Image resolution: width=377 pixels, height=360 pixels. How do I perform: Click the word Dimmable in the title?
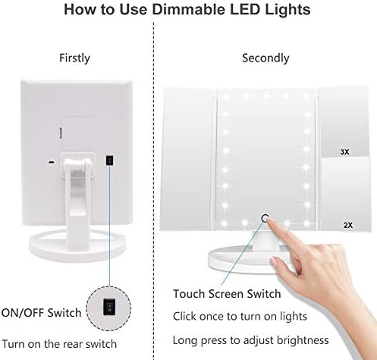pos(189,9)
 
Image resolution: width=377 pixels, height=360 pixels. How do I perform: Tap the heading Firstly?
pos(74,58)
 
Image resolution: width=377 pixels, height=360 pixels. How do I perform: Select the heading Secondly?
pos(265,58)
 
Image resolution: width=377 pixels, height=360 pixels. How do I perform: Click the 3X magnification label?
pos(344,152)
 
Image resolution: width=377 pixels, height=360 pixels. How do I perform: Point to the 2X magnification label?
pos(348,225)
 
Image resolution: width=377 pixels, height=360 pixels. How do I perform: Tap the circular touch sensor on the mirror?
pos(265,218)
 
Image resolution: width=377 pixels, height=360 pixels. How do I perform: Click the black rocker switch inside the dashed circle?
pos(109,307)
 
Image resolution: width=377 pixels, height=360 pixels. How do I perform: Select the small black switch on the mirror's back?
pos(109,161)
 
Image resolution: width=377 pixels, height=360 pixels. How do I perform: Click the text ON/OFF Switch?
pos(41,313)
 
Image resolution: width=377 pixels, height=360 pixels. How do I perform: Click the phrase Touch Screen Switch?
pos(227,294)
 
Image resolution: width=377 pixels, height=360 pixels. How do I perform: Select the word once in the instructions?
pos(212,317)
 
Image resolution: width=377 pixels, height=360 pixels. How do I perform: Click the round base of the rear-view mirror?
pos(77,245)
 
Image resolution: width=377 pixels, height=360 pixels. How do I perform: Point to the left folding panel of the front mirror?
pos(188,159)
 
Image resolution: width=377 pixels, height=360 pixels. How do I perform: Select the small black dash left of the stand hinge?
pos(52,162)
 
